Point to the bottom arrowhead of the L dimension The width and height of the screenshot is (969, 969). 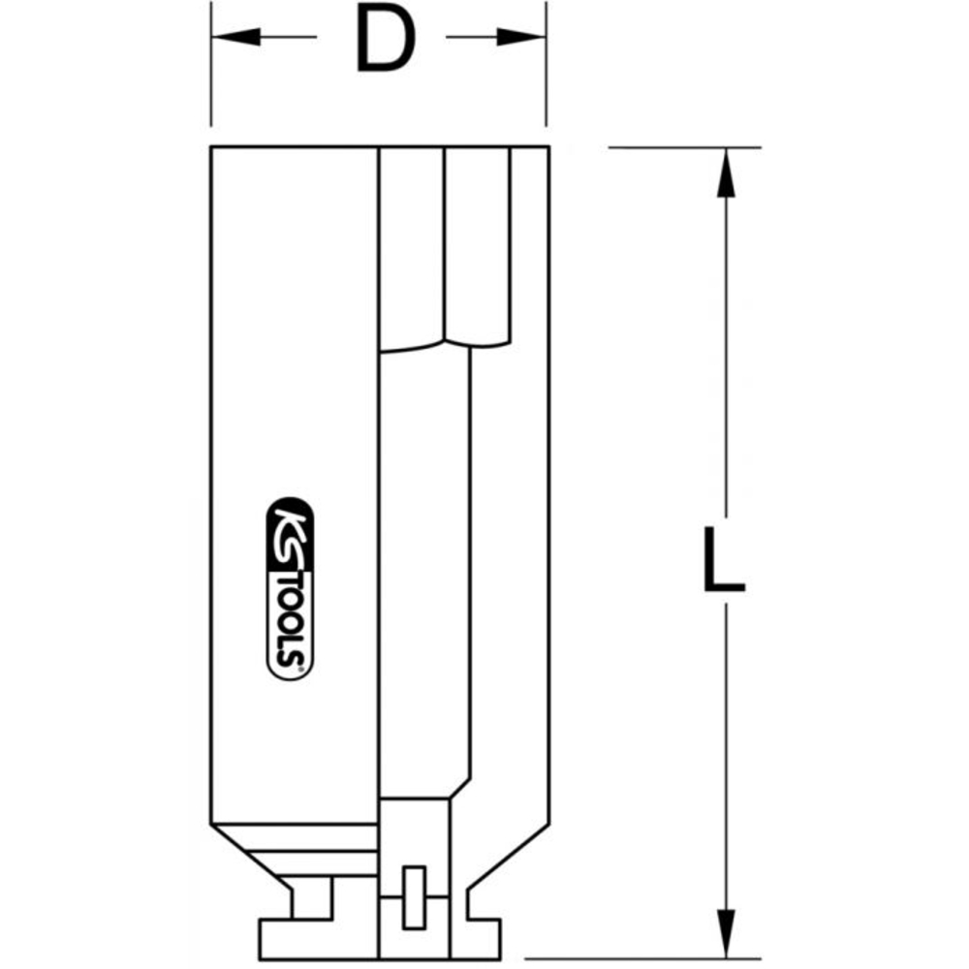pyautogui.click(x=724, y=934)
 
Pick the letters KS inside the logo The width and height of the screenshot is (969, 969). pyautogui.click(x=289, y=528)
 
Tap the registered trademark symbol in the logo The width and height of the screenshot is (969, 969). pyautogui.click(x=300, y=668)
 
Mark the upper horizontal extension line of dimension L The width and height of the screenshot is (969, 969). pyautogui.click(x=683, y=147)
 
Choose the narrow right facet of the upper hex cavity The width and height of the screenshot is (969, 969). pyautogui.click(x=477, y=242)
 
